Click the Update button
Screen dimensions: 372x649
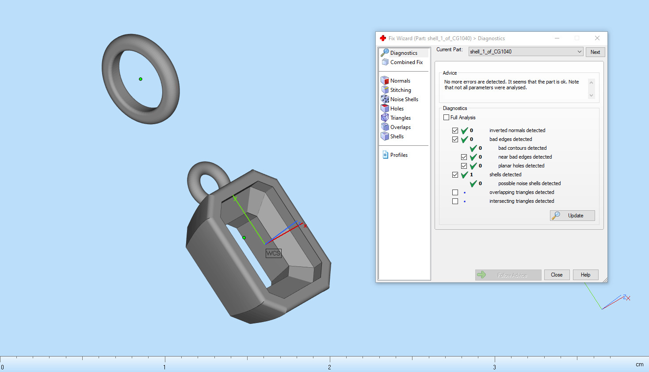[573, 216]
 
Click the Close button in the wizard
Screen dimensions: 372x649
[557, 275]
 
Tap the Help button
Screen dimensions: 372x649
[585, 275]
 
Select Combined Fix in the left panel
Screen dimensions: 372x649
[406, 62]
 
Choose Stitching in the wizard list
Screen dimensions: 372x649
[400, 90]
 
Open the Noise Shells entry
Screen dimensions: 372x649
[404, 99]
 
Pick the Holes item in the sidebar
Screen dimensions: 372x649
[397, 109]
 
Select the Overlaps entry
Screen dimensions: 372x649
[400, 127]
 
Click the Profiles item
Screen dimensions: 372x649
[398, 155]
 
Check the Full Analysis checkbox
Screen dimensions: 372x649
[447, 118]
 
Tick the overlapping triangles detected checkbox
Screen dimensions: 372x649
[455, 192]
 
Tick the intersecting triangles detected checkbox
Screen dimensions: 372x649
[455, 201]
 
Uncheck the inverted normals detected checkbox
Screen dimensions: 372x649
[455, 130]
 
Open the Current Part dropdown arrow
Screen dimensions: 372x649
[579, 52]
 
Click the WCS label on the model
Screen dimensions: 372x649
[273, 253]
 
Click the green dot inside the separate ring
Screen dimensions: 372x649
[141, 79]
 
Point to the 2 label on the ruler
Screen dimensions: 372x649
[329, 367]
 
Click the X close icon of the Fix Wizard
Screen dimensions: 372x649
[597, 38]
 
